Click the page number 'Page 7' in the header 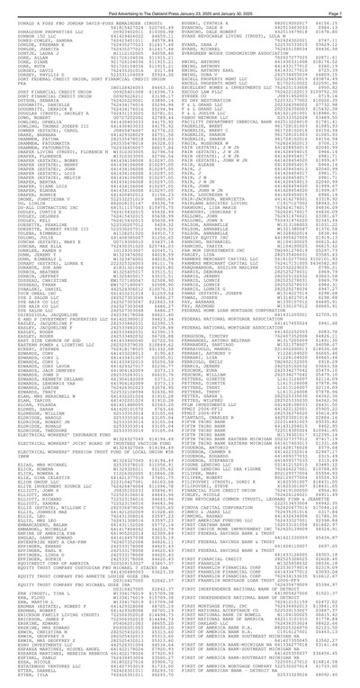point(343,5)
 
